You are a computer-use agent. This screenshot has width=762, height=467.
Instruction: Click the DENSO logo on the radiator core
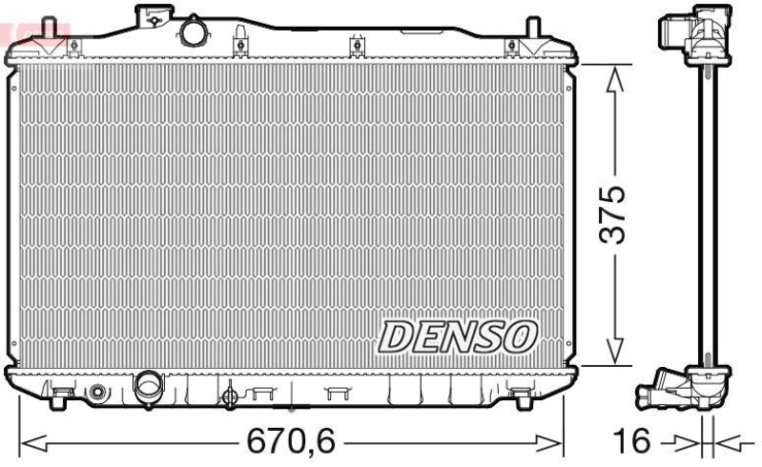pyautogui.click(x=459, y=335)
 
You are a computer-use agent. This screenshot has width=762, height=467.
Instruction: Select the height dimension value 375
pyautogui.click(x=616, y=214)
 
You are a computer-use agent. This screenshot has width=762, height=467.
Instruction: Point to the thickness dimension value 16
pyautogui.click(x=630, y=442)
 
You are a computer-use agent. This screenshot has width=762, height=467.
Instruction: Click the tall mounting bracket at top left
pyautogui.click(x=153, y=16)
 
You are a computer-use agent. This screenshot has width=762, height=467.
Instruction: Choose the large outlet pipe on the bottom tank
pyautogui.click(x=149, y=386)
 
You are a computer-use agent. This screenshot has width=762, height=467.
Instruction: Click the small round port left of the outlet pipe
pyautogui.click(x=98, y=392)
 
